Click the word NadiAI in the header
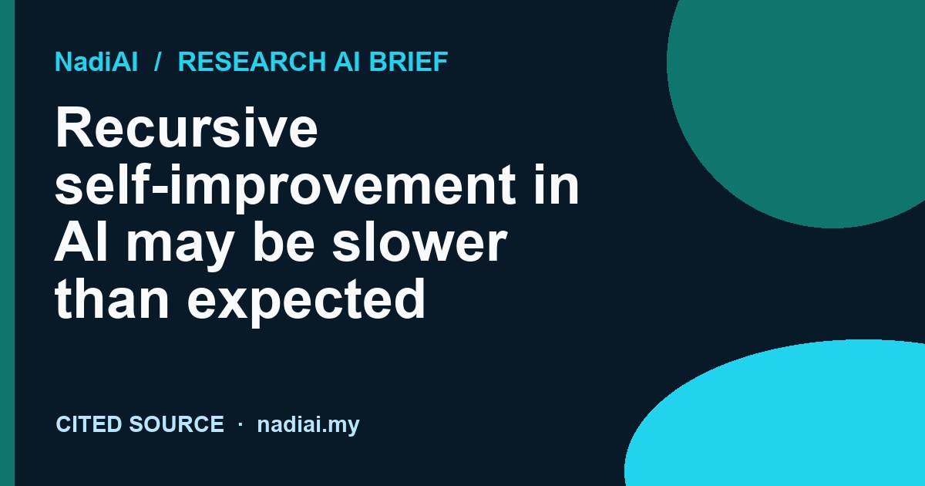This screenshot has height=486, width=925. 96,62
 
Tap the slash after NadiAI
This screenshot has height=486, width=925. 157,62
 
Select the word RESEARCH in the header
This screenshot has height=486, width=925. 252,62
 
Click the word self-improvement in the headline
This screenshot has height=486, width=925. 285,187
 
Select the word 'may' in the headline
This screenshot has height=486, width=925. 179,245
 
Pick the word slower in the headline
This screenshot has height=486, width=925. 419,241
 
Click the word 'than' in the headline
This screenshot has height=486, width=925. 112,298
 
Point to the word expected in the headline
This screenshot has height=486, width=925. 306,302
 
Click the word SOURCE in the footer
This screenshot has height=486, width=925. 177,424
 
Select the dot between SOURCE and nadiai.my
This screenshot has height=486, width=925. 240,424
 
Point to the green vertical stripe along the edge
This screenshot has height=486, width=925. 7,243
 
